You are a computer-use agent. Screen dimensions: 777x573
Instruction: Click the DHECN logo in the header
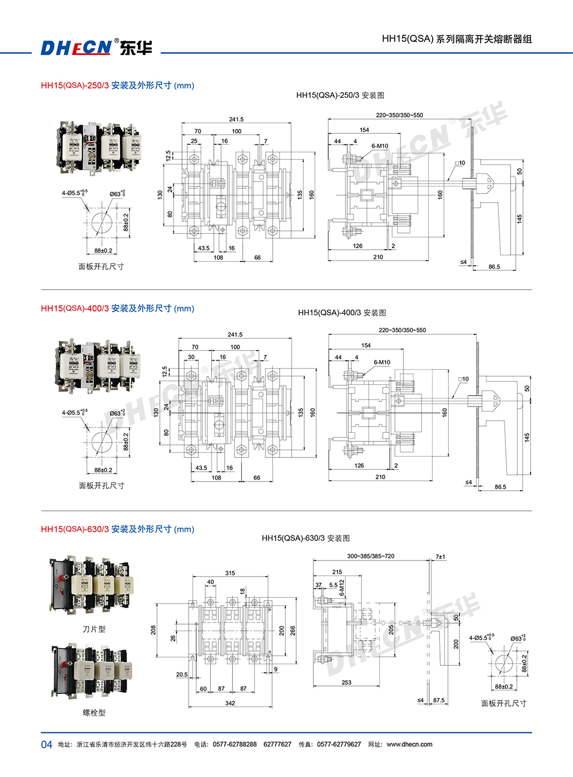(x=96, y=48)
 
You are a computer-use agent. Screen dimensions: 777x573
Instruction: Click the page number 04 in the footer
(x=46, y=744)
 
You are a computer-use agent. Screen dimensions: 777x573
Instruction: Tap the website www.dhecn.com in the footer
(x=409, y=744)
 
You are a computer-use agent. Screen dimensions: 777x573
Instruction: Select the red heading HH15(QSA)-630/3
(x=74, y=529)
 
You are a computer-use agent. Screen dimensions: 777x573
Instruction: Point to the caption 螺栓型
(x=94, y=713)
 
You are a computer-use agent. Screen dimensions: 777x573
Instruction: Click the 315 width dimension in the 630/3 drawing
(x=230, y=573)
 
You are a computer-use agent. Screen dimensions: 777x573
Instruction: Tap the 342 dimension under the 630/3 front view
(x=230, y=703)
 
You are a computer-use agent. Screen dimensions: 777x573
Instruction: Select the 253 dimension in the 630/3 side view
(x=347, y=683)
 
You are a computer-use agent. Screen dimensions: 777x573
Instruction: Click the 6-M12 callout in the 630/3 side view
(x=342, y=588)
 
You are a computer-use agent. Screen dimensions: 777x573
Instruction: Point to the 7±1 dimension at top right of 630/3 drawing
(x=440, y=557)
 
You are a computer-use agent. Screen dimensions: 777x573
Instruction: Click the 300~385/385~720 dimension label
(x=371, y=556)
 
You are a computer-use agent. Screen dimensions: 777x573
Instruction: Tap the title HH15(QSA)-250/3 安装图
(x=340, y=96)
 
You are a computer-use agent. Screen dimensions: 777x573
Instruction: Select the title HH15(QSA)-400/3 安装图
(x=342, y=313)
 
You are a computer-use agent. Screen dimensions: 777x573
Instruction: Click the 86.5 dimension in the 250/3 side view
(x=494, y=267)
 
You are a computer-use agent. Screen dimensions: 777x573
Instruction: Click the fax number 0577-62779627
(x=339, y=744)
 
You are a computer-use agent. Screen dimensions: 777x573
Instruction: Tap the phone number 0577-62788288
(x=234, y=744)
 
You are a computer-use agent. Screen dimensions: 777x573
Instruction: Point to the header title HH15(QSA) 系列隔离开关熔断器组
(x=457, y=39)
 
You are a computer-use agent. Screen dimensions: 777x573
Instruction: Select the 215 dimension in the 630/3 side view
(x=337, y=572)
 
